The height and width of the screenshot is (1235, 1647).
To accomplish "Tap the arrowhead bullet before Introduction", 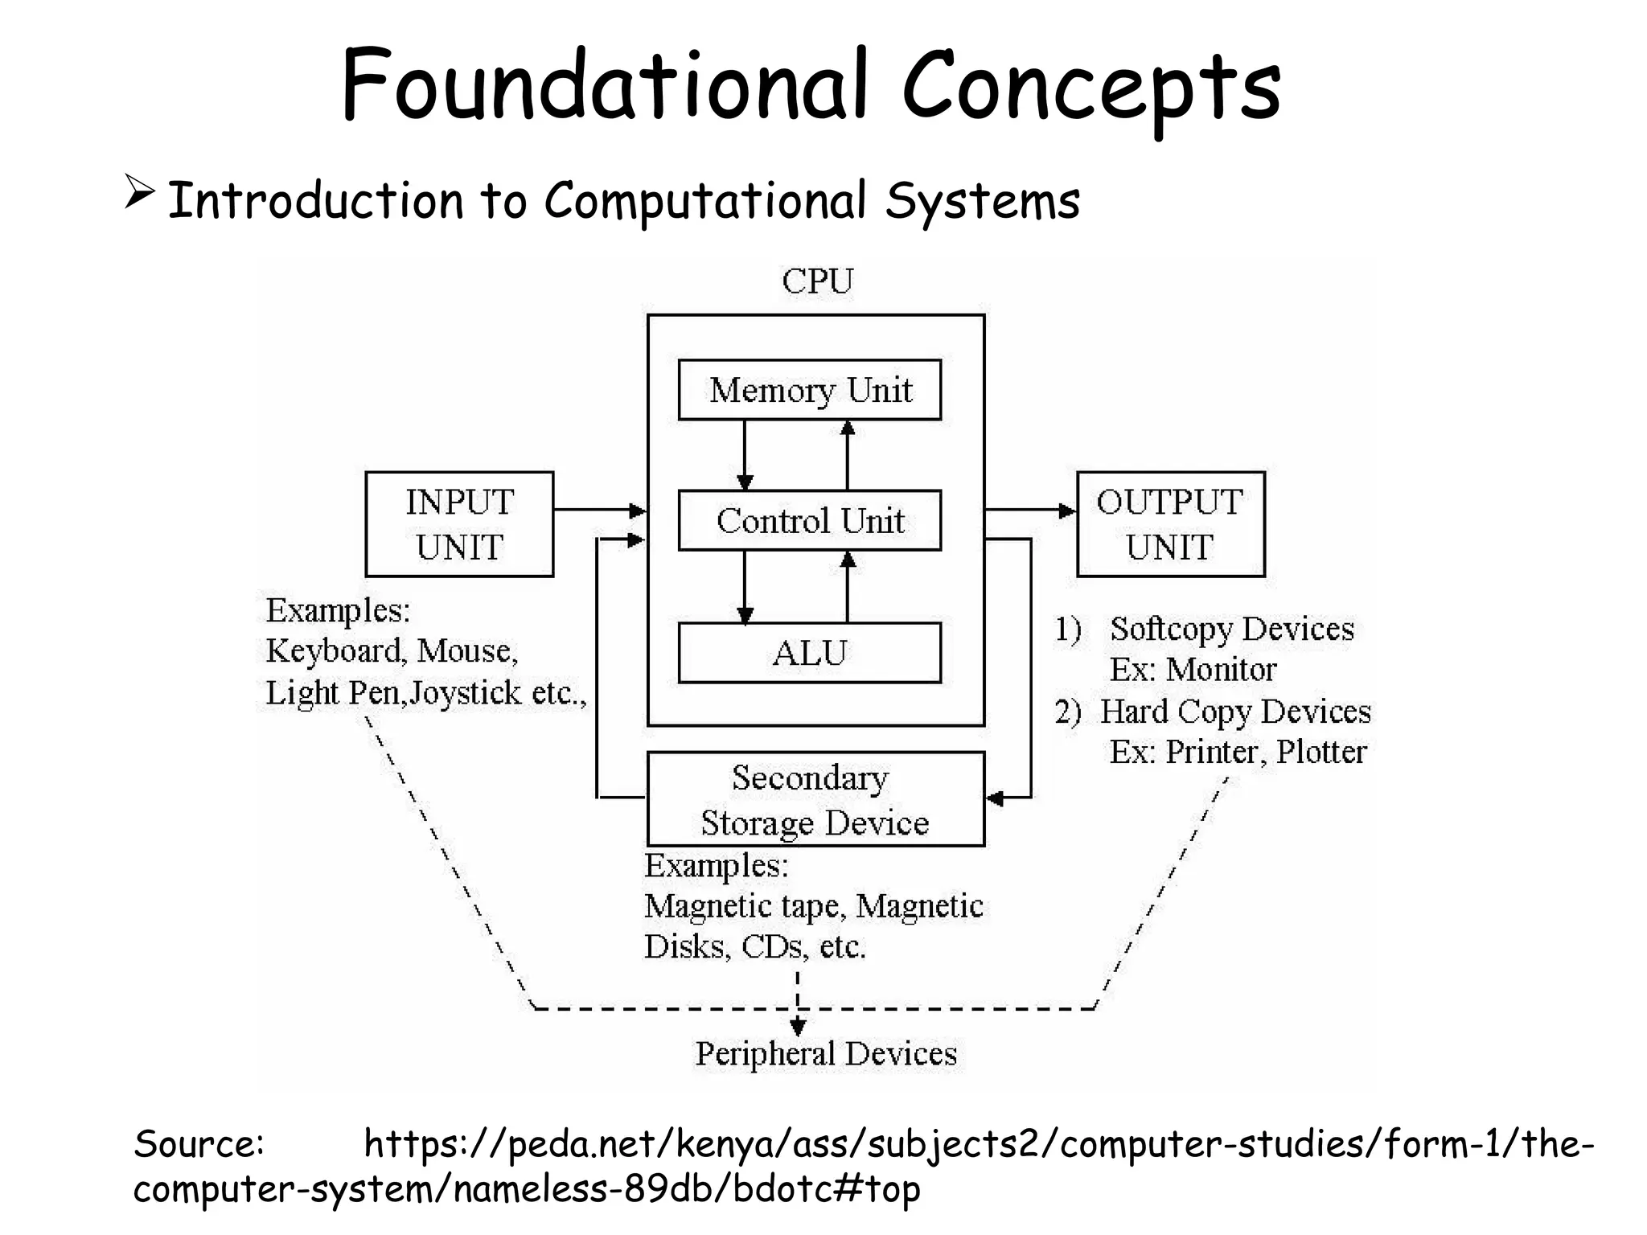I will [x=139, y=194].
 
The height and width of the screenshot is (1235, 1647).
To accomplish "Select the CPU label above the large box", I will [x=817, y=281].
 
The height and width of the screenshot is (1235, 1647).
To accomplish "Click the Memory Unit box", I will [x=809, y=390].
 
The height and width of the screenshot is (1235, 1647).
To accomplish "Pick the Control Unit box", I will [x=809, y=521].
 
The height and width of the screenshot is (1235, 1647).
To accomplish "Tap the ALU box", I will [x=809, y=653].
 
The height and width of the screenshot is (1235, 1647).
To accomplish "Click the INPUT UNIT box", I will [x=459, y=524].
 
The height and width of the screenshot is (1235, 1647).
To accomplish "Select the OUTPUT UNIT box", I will [x=1170, y=524].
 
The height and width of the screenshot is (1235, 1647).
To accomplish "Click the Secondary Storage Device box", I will [x=815, y=799].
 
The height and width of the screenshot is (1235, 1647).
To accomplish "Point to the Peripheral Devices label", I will [x=826, y=1054].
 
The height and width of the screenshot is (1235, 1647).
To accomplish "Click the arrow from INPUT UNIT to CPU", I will [x=600, y=510].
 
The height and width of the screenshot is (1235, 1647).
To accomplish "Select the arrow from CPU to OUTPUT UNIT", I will [x=1030, y=510].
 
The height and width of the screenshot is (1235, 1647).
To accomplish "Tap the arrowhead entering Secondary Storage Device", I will [x=996, y=798].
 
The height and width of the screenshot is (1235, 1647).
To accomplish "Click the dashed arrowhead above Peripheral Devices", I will [x=797, y=1027].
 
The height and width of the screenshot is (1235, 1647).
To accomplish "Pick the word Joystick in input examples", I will [x=465, y=693].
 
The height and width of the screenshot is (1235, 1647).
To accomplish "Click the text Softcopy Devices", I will [x=1231, y=629].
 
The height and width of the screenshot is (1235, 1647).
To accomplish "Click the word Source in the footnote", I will [x=197, y=1143].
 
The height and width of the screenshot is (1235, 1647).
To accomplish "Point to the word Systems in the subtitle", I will [x=982, y=201].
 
